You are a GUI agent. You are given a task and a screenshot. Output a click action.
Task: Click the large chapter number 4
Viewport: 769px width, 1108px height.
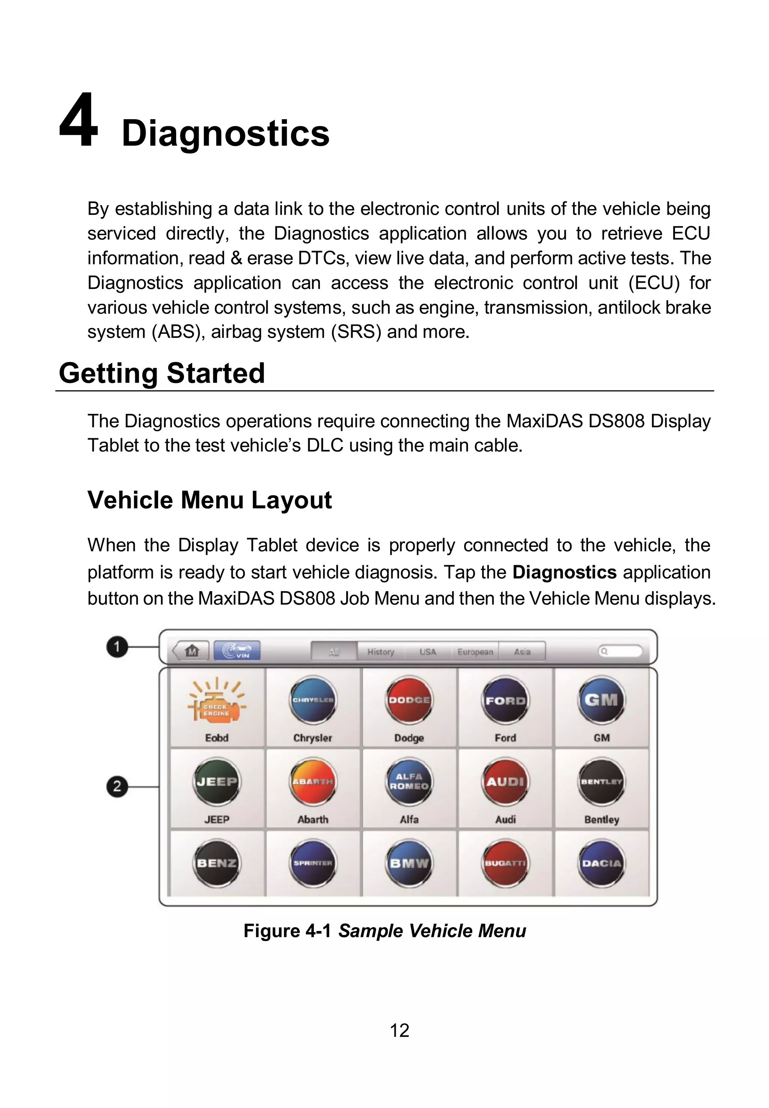(x=78, y=121)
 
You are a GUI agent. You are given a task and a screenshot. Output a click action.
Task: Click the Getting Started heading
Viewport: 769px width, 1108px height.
(x=161, y=373)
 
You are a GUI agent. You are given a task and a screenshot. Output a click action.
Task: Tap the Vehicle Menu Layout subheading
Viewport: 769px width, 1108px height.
(x=209, y=500)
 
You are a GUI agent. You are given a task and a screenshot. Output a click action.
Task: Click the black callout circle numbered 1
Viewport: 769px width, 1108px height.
(x=117, y=646)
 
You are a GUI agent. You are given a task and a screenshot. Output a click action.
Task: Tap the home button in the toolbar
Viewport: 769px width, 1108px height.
(x=192, y=651)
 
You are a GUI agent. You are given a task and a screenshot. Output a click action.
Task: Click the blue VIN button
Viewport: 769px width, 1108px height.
(x=237, y=651)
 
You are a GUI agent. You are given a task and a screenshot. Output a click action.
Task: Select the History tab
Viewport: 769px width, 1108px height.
(x=381, y=651)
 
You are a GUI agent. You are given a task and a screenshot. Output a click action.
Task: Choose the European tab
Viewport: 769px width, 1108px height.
(x=475, y=651)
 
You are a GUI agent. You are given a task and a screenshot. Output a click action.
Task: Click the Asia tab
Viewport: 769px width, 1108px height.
(x=522, y=651)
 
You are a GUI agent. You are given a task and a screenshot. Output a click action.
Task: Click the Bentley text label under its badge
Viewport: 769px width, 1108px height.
(x=601, y=819)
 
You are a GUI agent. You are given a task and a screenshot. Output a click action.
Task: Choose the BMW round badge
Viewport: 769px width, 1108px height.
(x=409, y=863)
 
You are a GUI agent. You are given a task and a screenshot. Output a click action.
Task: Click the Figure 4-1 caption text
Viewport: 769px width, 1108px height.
(x=384, y=931)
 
